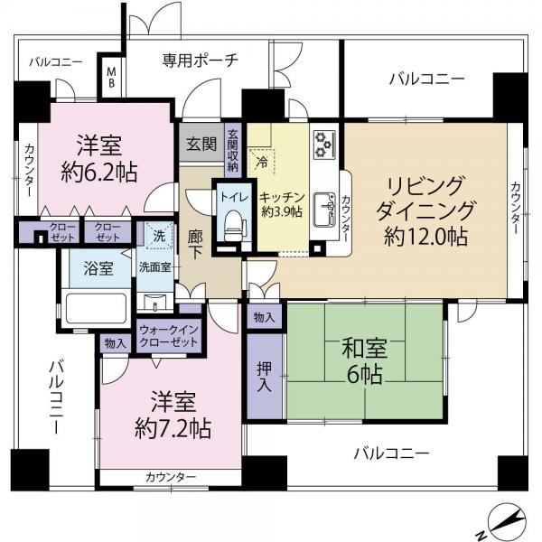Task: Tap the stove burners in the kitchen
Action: point(322,143)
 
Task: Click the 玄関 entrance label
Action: point(201,144)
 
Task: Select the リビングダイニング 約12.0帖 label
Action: point(426,211)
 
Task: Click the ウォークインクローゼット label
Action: point(170,336)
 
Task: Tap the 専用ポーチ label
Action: point(201,61)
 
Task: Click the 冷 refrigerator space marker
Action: point(260,164)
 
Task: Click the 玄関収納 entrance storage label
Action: point(233,150)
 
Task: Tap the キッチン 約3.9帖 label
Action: point(280,205)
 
